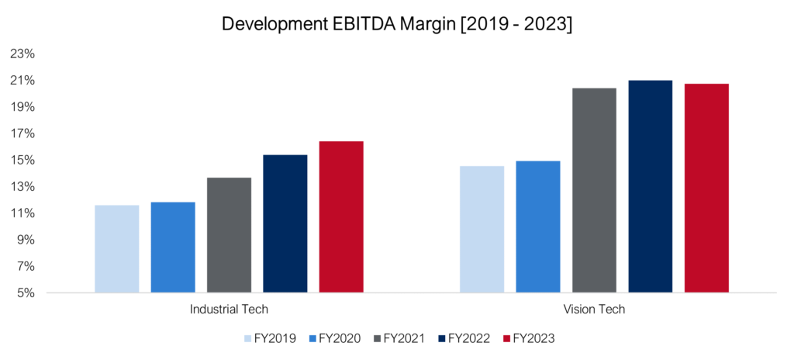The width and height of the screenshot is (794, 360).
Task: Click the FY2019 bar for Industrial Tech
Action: [117, 249]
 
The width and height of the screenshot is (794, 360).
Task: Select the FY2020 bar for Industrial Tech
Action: [173, 247]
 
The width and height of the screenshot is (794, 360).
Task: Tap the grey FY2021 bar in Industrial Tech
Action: [229, 235]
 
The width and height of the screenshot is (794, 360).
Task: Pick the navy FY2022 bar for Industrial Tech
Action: [285, 223]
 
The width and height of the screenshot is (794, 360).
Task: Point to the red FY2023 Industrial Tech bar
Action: [340, 217]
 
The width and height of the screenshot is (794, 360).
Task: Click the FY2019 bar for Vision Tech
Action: [482, 230]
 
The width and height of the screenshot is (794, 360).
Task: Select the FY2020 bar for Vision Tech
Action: [537, 227]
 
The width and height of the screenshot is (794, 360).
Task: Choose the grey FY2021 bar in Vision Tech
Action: [594, 190]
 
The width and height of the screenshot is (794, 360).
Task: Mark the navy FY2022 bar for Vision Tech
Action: [650, 186]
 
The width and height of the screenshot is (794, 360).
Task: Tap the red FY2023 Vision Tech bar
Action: [706, 188]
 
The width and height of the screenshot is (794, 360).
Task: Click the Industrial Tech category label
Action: [229, 310]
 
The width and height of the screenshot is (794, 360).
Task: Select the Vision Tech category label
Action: [594, 310]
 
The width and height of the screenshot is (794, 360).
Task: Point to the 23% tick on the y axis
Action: [23, 54]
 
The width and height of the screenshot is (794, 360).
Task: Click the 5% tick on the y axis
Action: [26, 293]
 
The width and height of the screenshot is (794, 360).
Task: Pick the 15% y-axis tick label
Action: [23, 160]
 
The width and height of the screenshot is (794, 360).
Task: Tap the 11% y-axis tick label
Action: [23, 213]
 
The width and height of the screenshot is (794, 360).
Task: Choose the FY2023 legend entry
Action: [529, 338]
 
